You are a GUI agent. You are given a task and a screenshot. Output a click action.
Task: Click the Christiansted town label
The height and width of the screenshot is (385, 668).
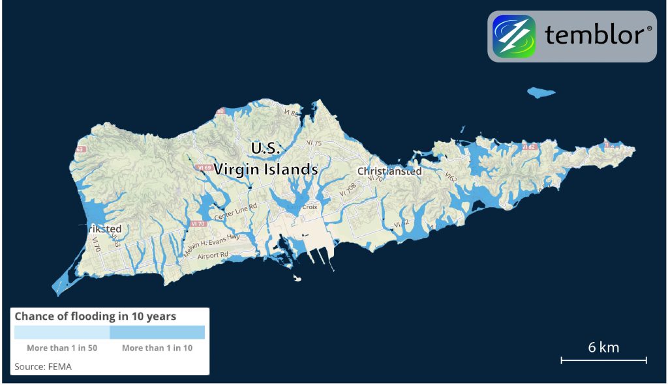389,171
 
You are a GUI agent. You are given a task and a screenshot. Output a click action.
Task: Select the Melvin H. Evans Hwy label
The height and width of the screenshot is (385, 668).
207,244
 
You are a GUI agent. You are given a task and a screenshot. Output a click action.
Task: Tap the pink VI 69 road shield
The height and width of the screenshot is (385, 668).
203,168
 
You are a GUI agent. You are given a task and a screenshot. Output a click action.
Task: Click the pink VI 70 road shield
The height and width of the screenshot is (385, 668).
195,223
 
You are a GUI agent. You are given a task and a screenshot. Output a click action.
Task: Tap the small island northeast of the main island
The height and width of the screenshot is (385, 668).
541,93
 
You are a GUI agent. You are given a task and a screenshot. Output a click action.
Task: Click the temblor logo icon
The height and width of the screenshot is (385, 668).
514,36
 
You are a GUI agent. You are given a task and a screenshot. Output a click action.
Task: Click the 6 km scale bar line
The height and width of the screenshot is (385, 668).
603,360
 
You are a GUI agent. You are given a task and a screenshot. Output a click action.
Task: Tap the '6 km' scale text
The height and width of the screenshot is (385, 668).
603,347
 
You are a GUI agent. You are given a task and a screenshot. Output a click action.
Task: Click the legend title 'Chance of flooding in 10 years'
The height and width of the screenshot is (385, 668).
95,317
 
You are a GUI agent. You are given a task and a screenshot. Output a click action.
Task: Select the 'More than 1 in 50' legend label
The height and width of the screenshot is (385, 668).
62,348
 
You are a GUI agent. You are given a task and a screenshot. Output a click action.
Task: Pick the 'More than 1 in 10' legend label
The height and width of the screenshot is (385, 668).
157,348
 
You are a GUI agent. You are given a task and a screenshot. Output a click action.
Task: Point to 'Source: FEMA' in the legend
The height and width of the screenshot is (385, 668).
43,366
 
